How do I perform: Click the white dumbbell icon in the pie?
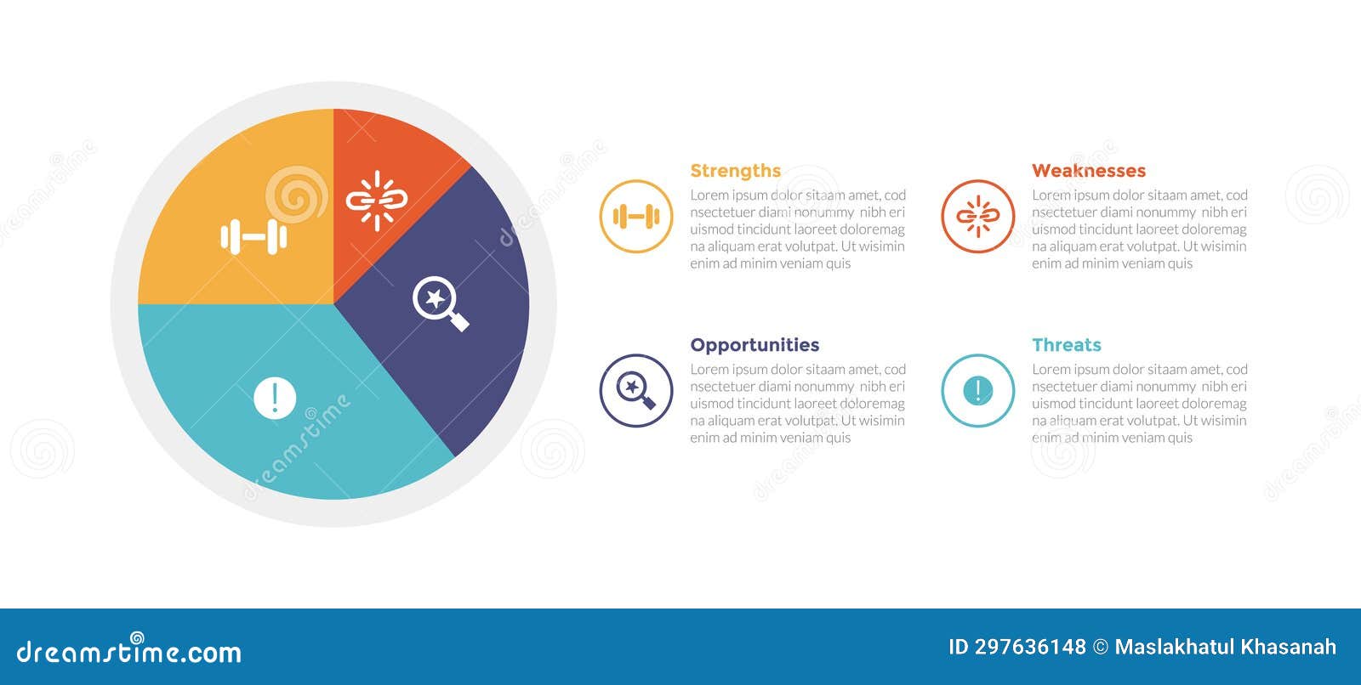(x=253, y=237)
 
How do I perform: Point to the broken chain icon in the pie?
(x=377, y=201)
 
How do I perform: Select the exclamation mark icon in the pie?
(x=275, y=398)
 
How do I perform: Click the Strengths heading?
(x=735, y=171)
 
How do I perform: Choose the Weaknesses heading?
(x=1088, y=171)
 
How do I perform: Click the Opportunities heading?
(x=755, y=345)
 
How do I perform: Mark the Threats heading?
(x=1066, y=345)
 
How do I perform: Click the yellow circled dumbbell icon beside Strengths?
(x=636, y=217)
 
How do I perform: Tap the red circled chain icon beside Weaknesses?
(x=977, y=217)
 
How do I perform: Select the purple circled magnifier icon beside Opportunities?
(x=636, y=391)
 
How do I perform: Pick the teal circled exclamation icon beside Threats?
(x=977, y=391)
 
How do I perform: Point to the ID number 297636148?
(x=1030, y=647)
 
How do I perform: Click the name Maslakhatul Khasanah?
(x=1225, y=647)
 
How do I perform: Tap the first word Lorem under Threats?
(x=1051, y=370)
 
